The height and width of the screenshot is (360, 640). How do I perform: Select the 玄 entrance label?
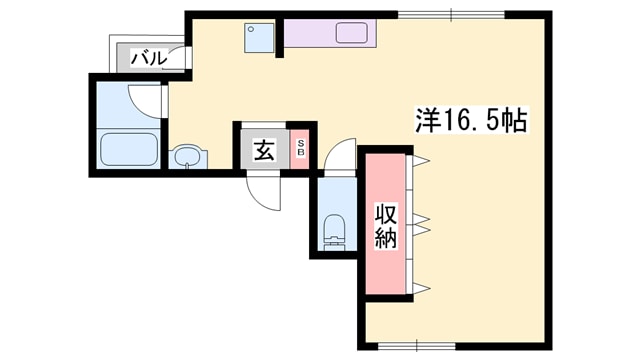[x=263, y=151]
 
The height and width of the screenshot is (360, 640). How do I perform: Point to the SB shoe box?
[x=300, y=151]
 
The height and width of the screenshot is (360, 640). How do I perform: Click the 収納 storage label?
[x=386, y=225]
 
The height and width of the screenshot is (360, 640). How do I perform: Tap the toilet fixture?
[x=335, y=229]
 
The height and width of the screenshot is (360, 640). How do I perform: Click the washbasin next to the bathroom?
[x=186, y=156]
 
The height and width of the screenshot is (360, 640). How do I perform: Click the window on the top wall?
[x=451, y=14]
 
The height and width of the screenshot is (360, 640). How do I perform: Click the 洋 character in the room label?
[x=426, y=121]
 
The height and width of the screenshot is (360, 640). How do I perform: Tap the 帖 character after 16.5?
[x=515, y=121]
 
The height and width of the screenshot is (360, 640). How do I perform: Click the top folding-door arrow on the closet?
[x=419, y=159]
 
